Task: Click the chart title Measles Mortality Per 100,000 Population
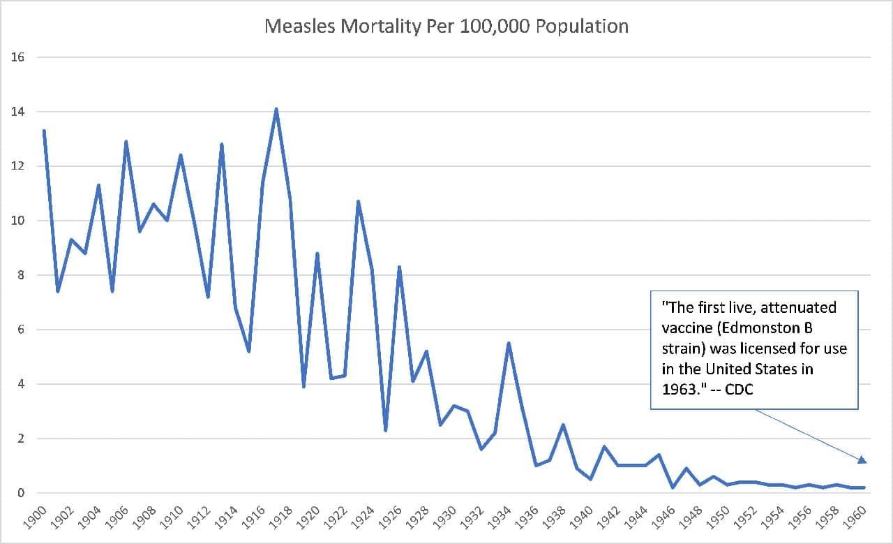(446, 27)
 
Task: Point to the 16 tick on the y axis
(18, 57)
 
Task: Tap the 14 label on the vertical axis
(18, 112)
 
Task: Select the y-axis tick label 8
(21, 275)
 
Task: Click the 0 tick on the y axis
(21, 493)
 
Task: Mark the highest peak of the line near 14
(276, 109)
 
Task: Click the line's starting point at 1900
(44, 131)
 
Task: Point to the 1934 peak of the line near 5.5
(509, 343)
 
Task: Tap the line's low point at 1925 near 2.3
(386, 430)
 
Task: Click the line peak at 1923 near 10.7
(358, 202)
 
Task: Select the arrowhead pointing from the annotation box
(862, 460)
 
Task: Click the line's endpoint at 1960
(864, 487)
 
